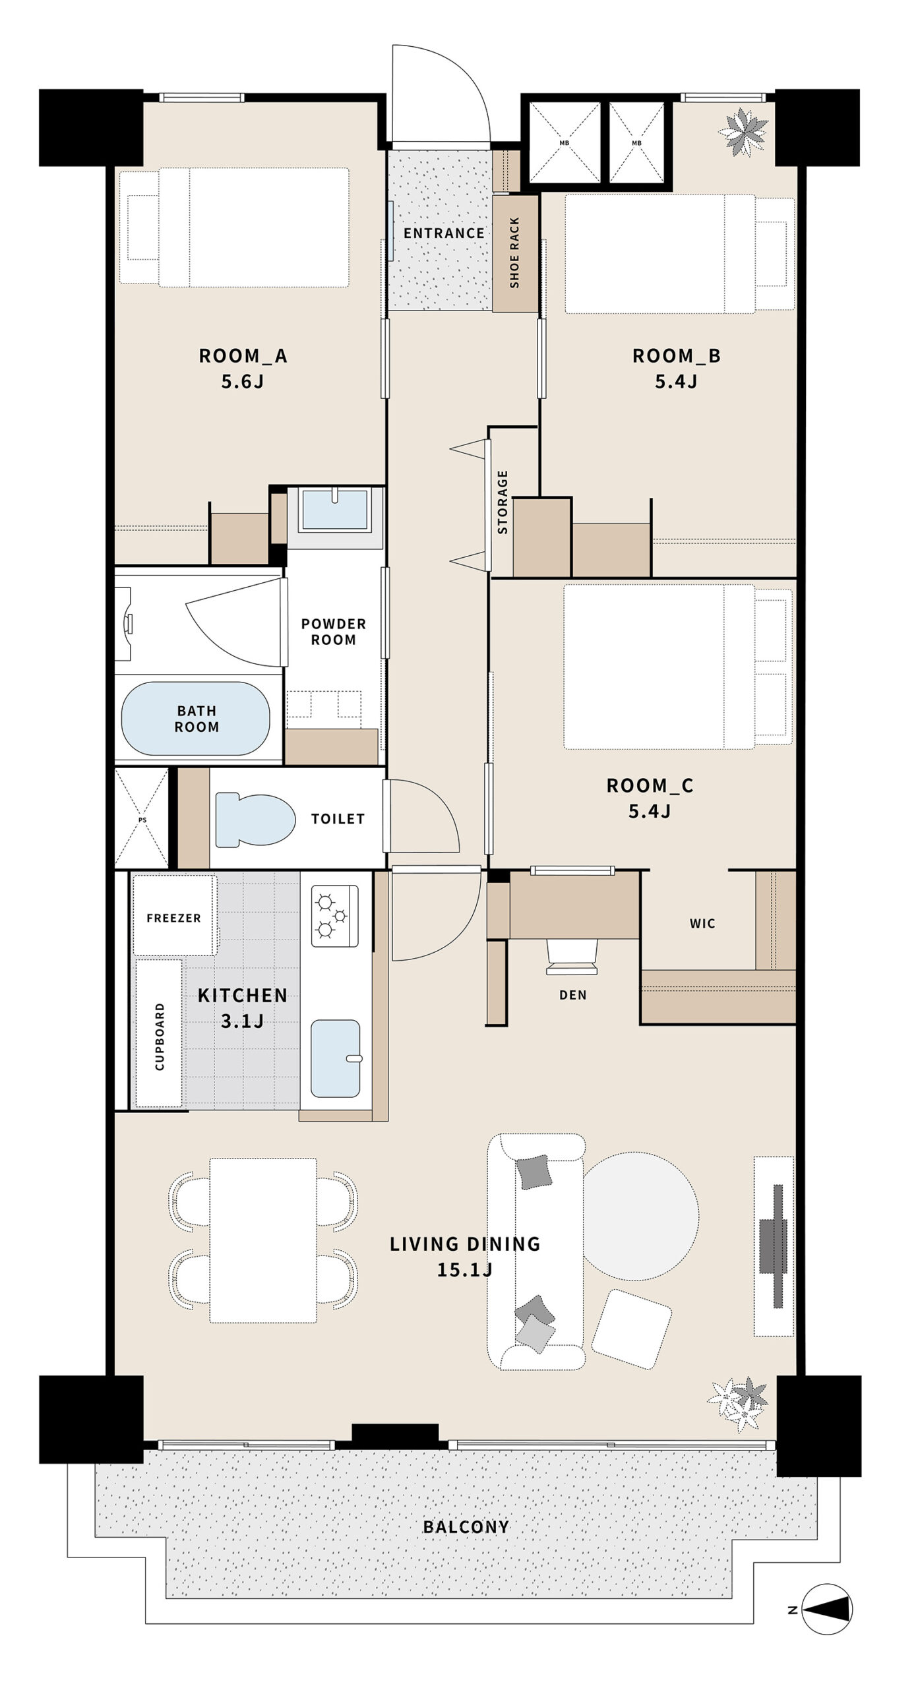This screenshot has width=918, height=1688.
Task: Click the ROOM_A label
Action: pyautogui.click(x=243, y=356)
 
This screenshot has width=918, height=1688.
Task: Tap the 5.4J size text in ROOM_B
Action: pyautogui.click(x=676, y=381)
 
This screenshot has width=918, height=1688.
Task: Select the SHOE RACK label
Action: pyautogui.click(x=515, y=253)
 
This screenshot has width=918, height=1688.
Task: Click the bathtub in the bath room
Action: pyautogui.click(x=196, y=719)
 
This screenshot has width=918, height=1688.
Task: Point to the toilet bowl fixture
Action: pyautogui.click(x=255, y=819)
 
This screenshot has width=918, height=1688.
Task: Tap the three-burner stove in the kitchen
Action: pyautogui.click(x=334, y=916)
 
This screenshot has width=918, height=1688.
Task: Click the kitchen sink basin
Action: pyautogui.click(x=336, y=1058)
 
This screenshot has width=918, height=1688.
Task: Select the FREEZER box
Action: pyautogui.click(x=175, y=915)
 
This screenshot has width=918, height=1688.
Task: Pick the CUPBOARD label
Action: pyautogui.click(x=160, y=1037)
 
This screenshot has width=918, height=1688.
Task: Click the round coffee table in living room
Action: pyautogui.click(x=640, y=1215)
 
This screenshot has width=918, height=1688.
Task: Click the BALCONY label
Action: pyautogui.click(x=466, y=1526)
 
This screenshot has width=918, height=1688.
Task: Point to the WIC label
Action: pyautogui.click(x=702, y=924)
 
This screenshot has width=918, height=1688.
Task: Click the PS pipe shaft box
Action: pyautogui.click(x=142, y=818)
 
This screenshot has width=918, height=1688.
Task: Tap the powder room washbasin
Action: pyautogui.click(x=335, y=509)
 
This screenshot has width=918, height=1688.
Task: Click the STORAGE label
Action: pyautogui.click(x=503, y=502)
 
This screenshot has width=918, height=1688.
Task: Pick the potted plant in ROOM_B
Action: pyautogui.click(x=744, y=132)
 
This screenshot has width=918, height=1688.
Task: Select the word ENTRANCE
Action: pyautogui.click(x=444, y=233)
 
